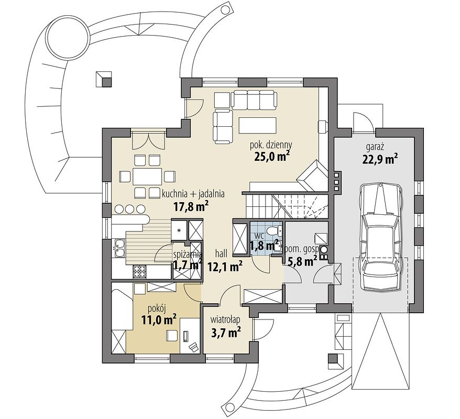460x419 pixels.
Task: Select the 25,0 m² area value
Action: pos(270,157)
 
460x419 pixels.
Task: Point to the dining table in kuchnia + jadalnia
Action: pos(147,177)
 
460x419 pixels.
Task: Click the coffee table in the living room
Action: pos(257,125)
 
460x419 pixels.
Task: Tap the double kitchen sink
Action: pos(119,248)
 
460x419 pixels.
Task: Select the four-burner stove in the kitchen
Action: pos(140,271)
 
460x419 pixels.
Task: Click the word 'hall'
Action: pos(221,253)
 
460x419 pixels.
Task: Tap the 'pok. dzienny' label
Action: pos(270,145)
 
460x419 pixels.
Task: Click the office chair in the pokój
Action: pos(194,347)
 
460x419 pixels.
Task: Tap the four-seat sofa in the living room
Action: pos(254,99)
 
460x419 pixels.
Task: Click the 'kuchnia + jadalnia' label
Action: pos(193,194)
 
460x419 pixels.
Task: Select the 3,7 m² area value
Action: pos(226,332)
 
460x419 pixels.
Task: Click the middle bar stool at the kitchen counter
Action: pos(129,209)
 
